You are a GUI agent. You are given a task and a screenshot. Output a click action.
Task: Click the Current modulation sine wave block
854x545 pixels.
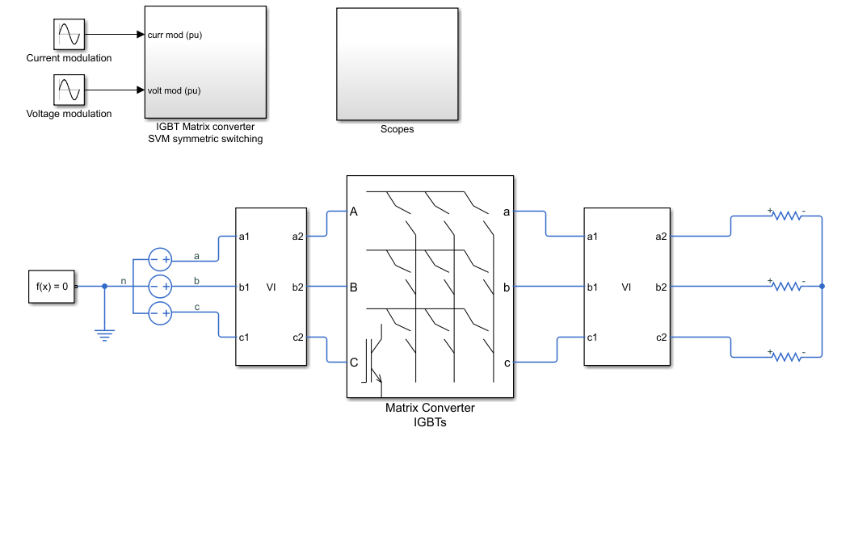[x=69, y=34]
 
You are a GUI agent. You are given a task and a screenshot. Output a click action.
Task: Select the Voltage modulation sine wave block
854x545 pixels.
[x=69, y=90]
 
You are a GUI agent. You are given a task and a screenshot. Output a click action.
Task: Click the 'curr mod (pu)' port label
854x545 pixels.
[x=175, y=35]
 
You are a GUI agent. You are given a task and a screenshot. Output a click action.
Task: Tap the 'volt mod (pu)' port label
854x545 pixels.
[x=175, y=90]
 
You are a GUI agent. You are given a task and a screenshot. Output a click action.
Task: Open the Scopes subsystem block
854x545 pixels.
[x=398, y=64]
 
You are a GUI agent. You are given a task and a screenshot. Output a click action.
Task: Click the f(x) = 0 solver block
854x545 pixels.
[x=52, y=287]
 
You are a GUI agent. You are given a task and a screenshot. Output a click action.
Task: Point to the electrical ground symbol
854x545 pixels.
[x=104, y=335]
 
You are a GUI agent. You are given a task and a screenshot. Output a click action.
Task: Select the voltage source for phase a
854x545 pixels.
[x=160, y=260]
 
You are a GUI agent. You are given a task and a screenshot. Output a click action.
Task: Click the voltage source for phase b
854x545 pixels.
[x=160, y=287]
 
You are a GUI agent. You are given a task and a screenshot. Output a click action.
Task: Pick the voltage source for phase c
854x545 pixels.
[x=160, y=313]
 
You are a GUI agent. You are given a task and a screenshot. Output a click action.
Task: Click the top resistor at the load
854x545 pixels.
[x=787, y=216]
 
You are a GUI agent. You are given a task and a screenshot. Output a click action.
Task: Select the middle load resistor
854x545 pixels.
[x=787, y=286]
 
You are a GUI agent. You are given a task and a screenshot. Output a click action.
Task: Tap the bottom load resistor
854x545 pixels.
[x=787, y=357]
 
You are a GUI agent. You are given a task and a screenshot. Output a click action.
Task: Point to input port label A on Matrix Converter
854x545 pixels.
[x=354, y=212]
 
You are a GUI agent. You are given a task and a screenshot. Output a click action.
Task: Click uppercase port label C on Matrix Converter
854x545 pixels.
[x=354, y=363]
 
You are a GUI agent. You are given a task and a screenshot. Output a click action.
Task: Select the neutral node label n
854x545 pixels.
[x=124, y=281]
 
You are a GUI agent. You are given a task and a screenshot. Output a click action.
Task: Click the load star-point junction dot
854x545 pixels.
[x=822, y=286]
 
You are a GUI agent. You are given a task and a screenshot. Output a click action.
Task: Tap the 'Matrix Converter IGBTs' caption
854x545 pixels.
[x=431, y=415]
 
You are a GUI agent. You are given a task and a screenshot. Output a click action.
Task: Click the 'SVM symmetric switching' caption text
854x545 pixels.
[x=205, y=139]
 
